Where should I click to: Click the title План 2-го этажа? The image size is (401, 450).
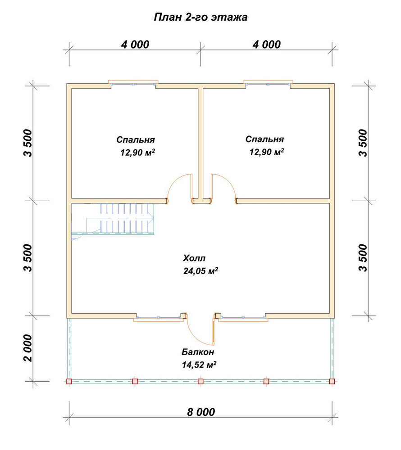pos(200,17)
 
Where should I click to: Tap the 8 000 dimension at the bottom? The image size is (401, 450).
pos(201,412)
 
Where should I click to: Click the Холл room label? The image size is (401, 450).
pos(194,258)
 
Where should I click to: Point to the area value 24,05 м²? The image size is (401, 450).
pos(200,270)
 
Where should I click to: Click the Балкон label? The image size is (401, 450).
pos(198,352)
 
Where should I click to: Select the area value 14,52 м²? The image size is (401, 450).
pos(199,364)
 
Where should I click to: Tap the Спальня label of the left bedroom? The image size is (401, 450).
pos(136,140)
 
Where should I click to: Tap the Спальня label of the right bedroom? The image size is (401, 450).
pos(264,139)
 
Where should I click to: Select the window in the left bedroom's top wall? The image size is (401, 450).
pos(133,85)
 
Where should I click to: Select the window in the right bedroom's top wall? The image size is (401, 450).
pos(268,85)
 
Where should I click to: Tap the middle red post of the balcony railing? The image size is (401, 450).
pos(200,382)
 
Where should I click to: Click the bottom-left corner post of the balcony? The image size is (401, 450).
pos(69,382)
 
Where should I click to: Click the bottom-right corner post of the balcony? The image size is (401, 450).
pos(332,382)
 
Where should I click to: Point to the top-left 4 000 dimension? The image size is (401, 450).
pos(135,45)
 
